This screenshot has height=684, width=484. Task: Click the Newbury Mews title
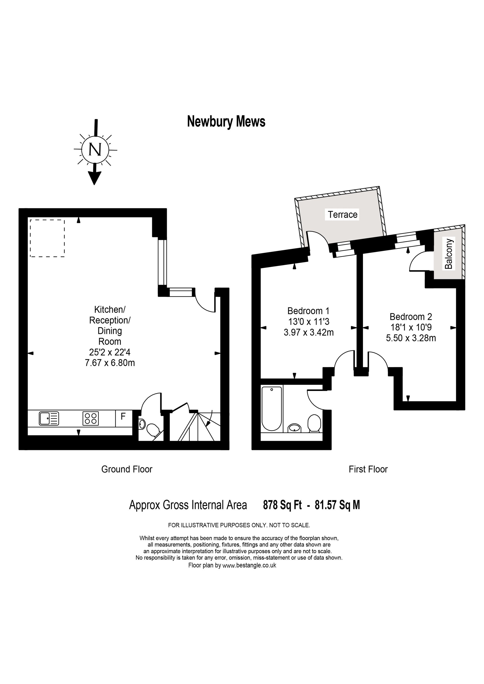click(x=226, y=122)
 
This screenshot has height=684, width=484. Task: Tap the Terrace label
click(x=342, y=214)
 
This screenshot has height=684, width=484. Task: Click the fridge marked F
click(x=123, y=416)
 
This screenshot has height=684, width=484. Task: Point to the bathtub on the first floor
click(x=271, y=408)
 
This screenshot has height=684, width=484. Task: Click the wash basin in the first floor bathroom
click(x=295, y=428)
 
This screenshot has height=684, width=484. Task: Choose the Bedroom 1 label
click(x=308, y=311)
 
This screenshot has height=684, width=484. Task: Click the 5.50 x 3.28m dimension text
click(x=411, y=338)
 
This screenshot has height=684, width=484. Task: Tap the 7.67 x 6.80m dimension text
click(x=110, y=363)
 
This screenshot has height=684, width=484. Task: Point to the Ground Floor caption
click(x=127, y=469)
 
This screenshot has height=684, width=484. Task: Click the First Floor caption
click(x=368, y=469)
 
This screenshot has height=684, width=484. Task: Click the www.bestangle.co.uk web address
click(x=249, y=566)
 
